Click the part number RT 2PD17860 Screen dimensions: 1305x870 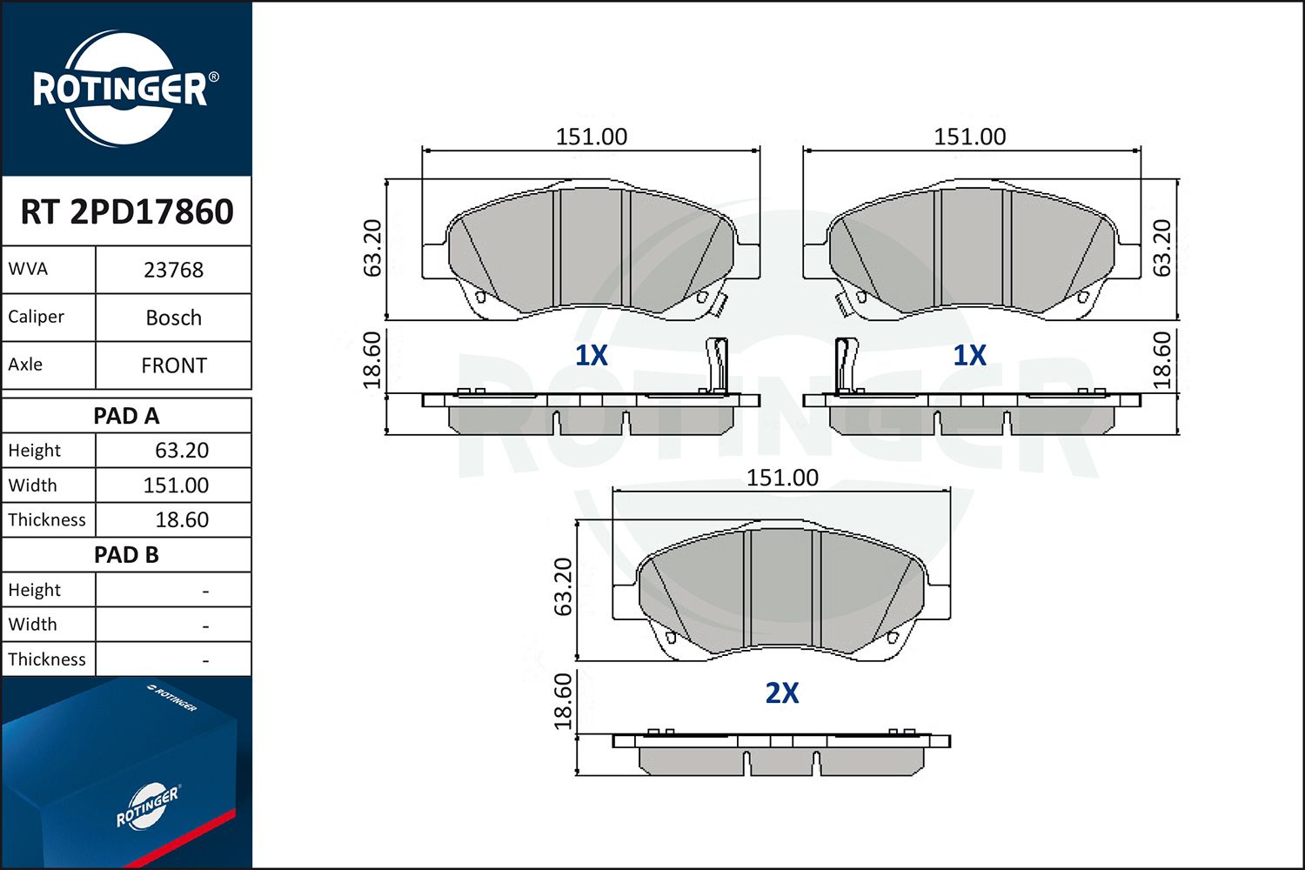click(x=126, y=211)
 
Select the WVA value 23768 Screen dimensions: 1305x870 click(x=174, y=271)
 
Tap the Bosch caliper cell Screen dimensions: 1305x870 click(x=174, y=318)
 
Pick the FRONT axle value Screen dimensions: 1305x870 click(x=174, y=366)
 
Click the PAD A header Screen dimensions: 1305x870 click(x=126, y=416)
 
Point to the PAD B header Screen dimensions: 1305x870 click(x=126, y=555)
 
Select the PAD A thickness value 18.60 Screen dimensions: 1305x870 click(x=182, y=519)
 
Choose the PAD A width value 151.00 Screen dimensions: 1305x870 click(x=176, y=485)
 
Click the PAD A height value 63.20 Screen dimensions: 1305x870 click(x=182, y=451)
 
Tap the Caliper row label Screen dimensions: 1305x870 click(x=37, y=317)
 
